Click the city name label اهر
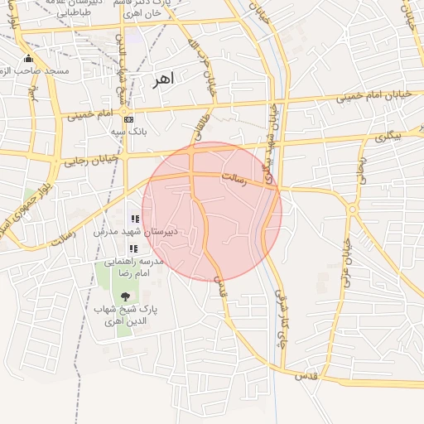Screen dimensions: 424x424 tap(162, 80)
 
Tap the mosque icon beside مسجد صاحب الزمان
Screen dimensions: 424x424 tap(29, 59)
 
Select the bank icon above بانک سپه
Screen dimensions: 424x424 tap(128, 120)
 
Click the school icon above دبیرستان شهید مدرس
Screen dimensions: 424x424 tap(135, 219)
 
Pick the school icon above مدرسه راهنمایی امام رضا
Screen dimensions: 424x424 tap(133, 248)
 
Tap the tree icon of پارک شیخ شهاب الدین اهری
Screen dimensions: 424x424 tap(125, 296)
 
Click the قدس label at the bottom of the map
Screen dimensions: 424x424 tap(307, 375)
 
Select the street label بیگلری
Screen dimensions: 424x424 tap(387, 136)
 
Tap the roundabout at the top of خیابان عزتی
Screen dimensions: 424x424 tap(351, 210)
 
